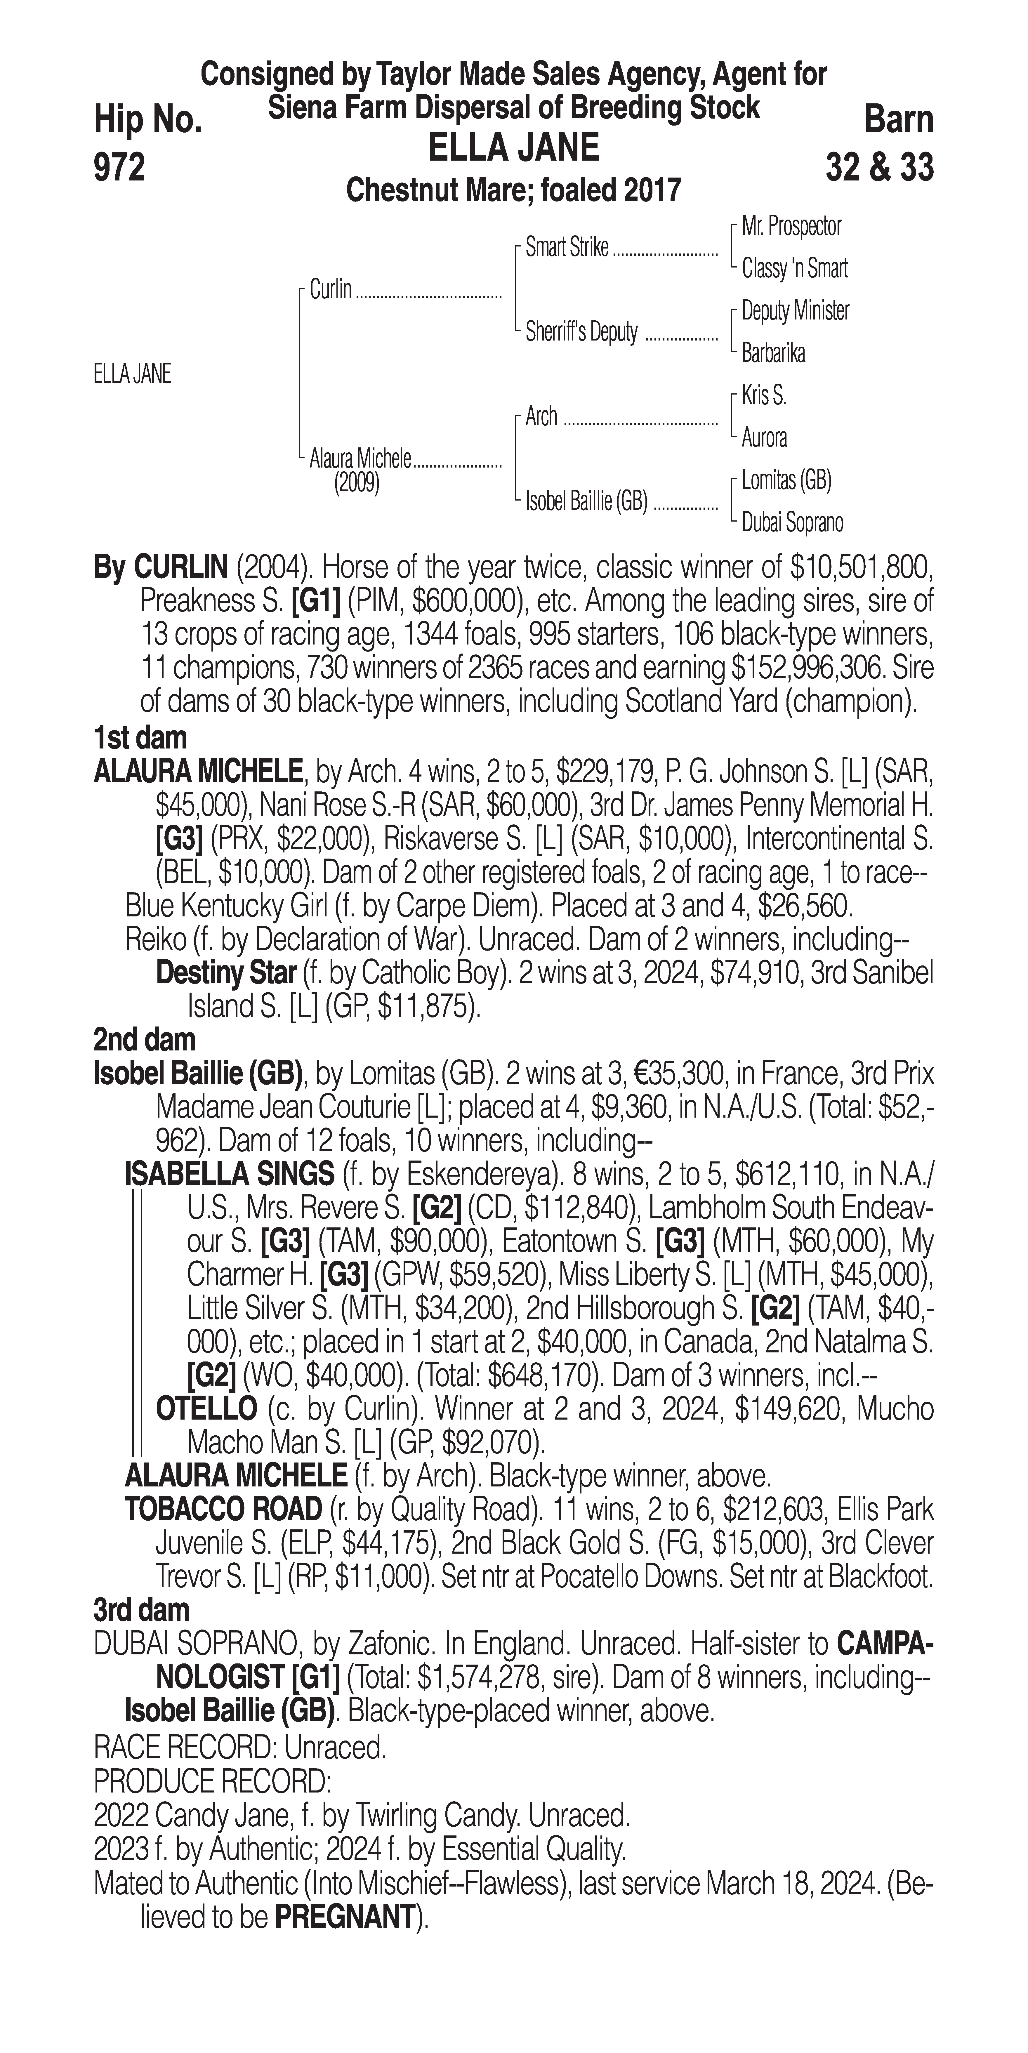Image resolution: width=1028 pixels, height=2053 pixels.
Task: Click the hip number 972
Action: pos(119,168)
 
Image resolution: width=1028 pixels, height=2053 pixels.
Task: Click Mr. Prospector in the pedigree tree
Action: pos(791,226)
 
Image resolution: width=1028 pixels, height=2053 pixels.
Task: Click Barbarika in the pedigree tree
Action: pos(773,353)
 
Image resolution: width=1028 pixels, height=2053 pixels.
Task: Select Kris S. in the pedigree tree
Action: pos(763,395)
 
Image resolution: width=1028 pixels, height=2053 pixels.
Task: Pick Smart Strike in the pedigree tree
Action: pos(567,248)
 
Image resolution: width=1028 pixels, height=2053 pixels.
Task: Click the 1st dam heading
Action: pos(140,738)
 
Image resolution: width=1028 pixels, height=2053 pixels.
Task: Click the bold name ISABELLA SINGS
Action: pos(230,1174)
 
